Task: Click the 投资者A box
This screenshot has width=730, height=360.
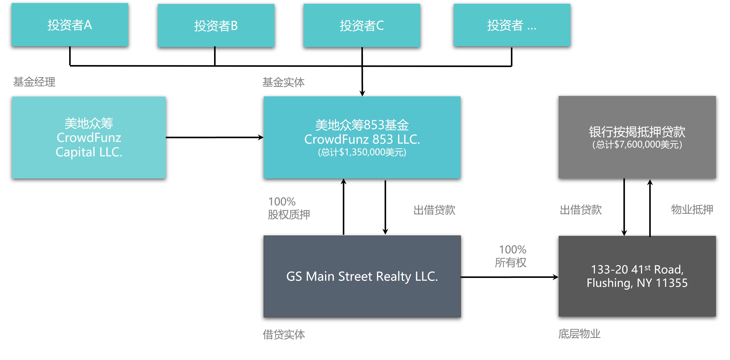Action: coord(70,25)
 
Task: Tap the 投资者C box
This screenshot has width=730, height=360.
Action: coord(362,25)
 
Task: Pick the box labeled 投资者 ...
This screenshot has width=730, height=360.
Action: coord(512,25)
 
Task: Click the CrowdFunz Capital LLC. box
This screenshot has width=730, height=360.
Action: coord(89,138)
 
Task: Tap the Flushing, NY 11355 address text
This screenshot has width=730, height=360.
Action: coord(637,283)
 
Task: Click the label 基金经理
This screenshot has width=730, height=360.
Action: coord(34,82)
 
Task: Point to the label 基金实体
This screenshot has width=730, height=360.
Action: coord(283,82)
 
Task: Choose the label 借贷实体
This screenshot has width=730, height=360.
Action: coord(284,334)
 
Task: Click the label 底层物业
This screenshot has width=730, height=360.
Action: coord(579,334)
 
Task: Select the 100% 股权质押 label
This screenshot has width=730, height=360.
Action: coord(289,208)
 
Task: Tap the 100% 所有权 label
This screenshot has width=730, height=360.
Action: coord(511,256)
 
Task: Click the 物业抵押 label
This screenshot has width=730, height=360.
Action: coord(692,210)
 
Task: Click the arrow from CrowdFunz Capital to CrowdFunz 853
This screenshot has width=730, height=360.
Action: coord(215,138)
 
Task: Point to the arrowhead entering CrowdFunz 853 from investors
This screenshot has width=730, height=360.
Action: coord(362,93)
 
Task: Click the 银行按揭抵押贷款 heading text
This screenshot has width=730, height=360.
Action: coord(637,132)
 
